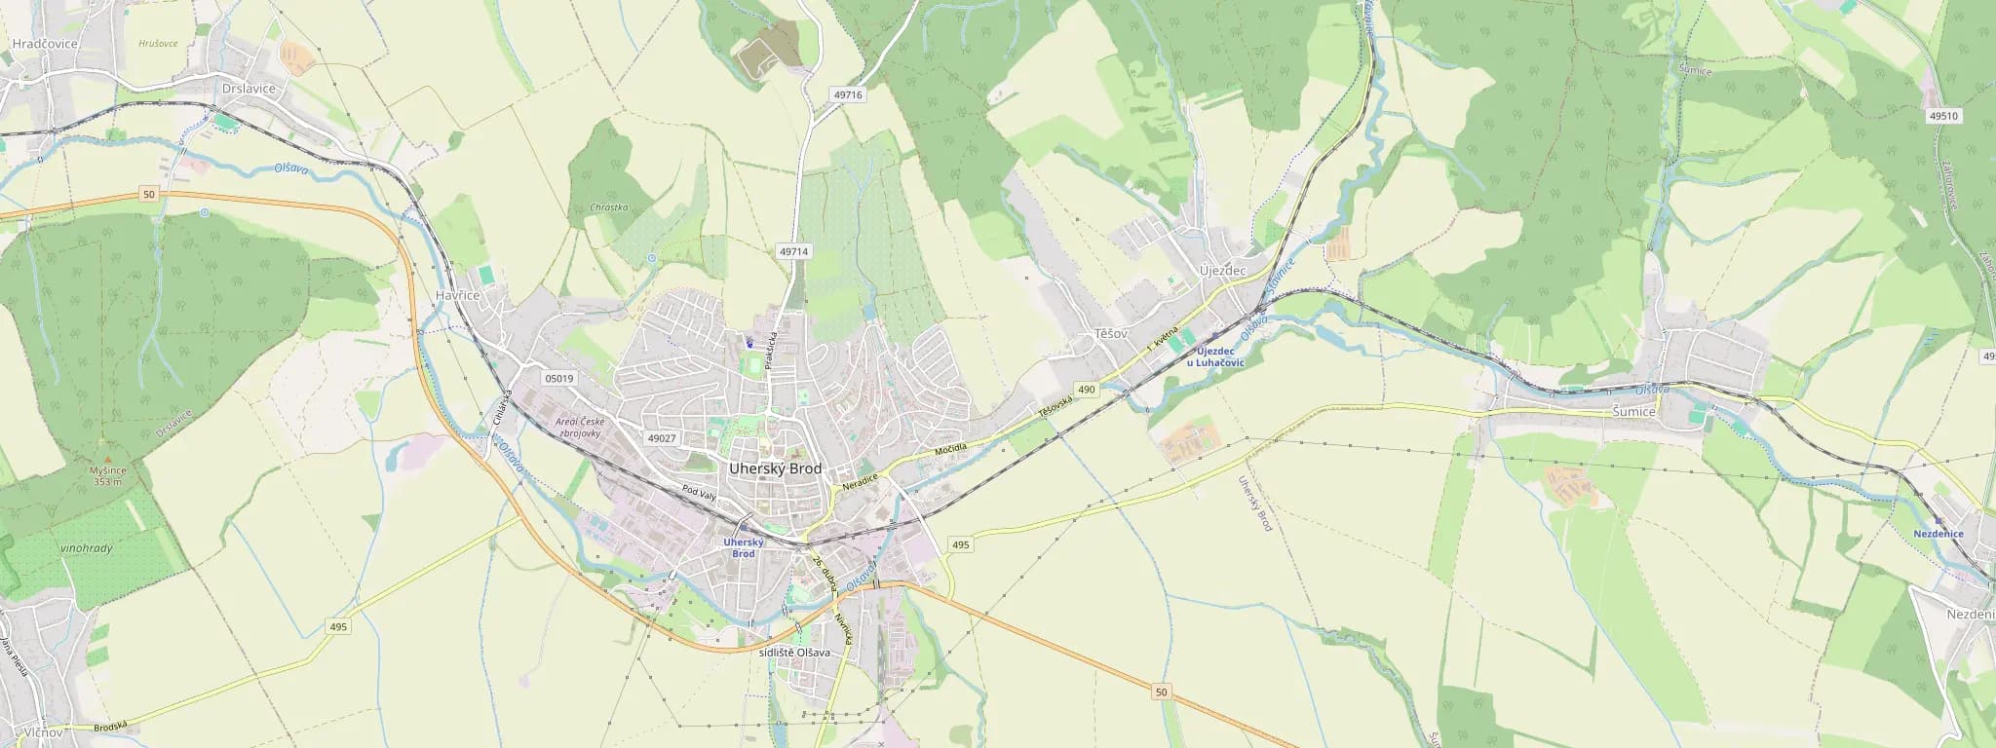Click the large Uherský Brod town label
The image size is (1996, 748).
click(775, 468)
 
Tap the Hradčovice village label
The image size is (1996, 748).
click(45, 44)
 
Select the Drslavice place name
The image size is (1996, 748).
click(249, 89)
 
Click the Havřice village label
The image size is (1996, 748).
click(457, 295)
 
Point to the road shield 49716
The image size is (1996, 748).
click(848, 95)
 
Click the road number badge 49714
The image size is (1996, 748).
click(794, 251)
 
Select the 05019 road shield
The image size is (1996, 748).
click(559, 378)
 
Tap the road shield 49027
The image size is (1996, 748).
click(661, 438)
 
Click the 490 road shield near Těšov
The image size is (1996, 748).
click(1087, 390)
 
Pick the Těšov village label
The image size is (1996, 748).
click(1110, 333)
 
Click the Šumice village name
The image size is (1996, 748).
click(1633, 412)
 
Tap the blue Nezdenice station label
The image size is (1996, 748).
click(1938, 534)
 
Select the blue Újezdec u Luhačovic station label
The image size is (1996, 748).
click(1215, 356)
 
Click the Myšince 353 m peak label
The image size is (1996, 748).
click(108, 475)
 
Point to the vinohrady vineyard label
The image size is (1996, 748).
click(86, 548)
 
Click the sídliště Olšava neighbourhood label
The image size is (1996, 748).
click(794, 653)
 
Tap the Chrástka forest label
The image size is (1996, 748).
click(609, 207)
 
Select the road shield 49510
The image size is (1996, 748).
click(1942, 116)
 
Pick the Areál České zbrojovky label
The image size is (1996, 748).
click(579, 428)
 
